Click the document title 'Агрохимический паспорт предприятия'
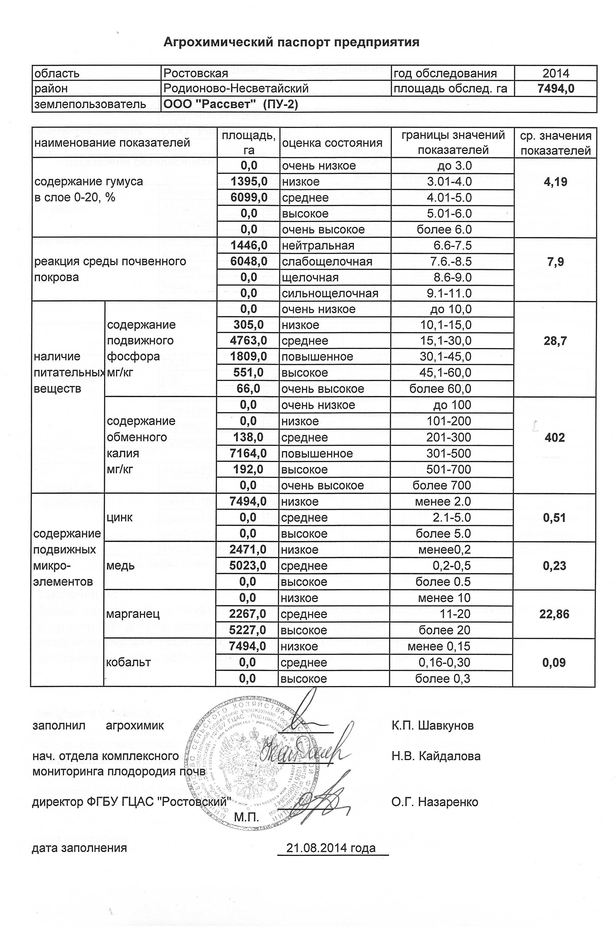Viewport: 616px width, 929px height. point(291,42)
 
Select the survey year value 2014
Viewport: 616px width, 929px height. point(556,73)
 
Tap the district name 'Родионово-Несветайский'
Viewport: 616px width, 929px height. point(236,89)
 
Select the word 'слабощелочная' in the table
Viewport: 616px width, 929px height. point(327,262)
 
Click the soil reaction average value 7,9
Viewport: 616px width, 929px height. point(555,262)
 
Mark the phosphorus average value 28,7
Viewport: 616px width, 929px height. point(555,341)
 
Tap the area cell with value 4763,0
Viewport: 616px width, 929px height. point(248,341)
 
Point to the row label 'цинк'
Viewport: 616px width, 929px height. point(120,518)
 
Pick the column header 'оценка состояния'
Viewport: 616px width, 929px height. point(332,143)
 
